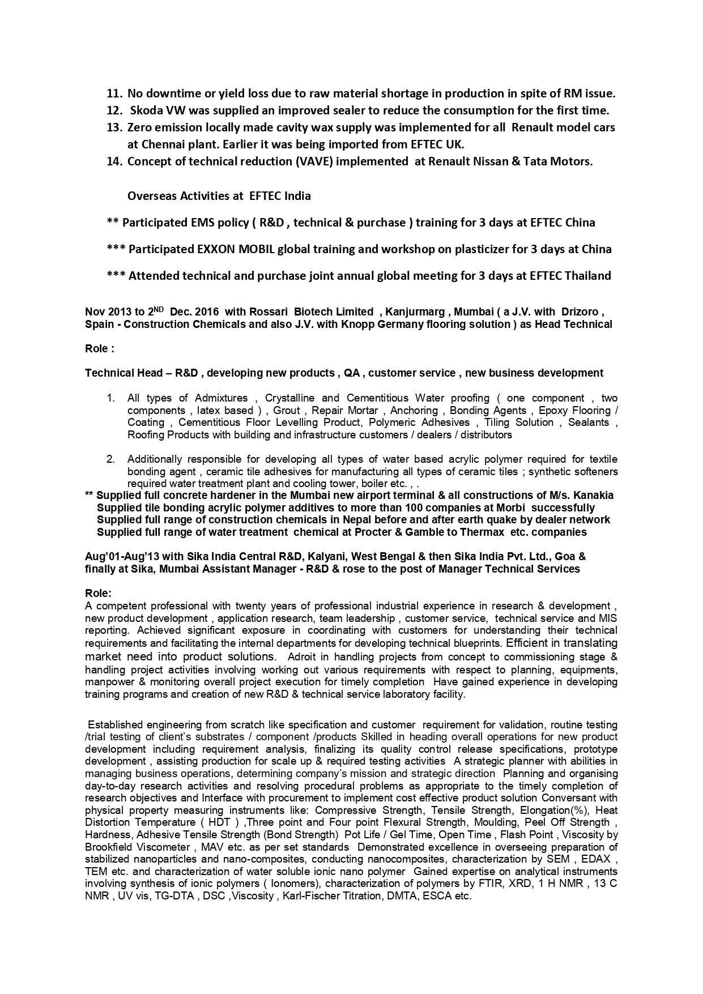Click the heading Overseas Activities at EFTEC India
click(x=219, y=196)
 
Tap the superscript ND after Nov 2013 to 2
click(x=159, y=309)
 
